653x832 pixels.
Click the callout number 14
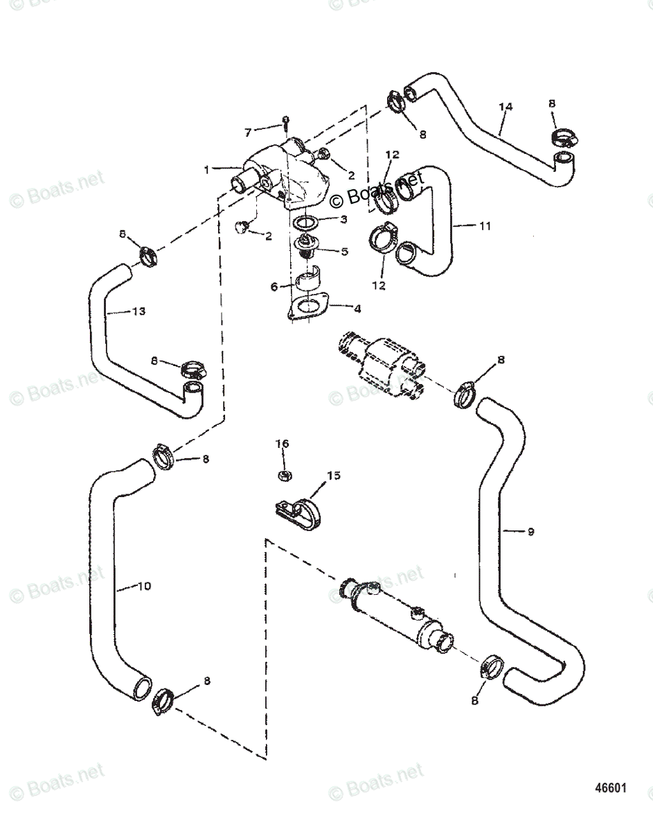click(506, 107)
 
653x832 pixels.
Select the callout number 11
click(485, 225)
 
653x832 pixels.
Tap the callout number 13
click(138, 311)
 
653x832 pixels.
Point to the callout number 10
click(143, 586)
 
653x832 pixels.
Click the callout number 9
click(530, 532)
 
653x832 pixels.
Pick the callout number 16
click(282, 443)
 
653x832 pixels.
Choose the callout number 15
click(334, 476)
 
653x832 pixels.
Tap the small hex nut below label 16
click(283, 475)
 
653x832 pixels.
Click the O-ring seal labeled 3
click(305, 223)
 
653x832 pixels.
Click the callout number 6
click(274, 285)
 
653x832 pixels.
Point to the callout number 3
click(343, 220)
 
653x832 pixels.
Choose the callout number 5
click(344, 251)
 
